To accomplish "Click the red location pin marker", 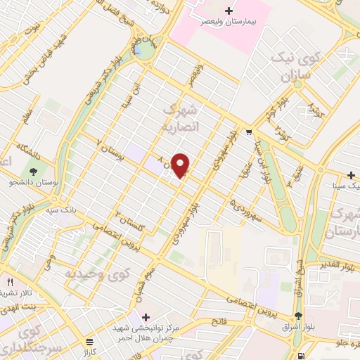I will tap(181, 165).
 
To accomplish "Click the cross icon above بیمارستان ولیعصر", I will tap(229, 11).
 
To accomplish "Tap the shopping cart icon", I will tap(248, 131).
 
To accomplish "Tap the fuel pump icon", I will tap(302, 356).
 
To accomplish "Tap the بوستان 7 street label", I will tap(110, 150).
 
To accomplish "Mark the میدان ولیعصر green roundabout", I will tap(145, 51).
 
